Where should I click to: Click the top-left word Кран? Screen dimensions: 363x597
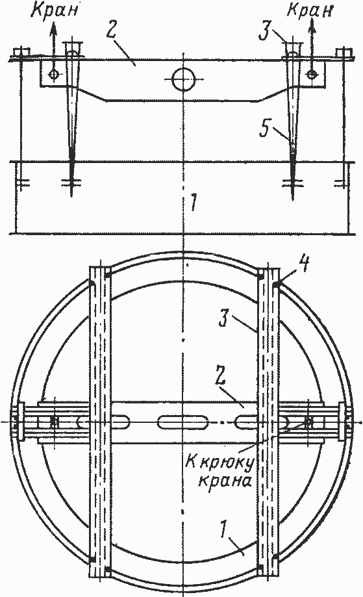(x=55, y=10)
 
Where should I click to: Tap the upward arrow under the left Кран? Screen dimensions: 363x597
(x=53, y=47)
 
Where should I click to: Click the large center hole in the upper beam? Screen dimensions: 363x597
(x=183, y=79)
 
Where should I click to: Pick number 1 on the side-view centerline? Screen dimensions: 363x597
(x=194, y=202)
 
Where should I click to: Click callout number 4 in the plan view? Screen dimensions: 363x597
(x=307, y=264)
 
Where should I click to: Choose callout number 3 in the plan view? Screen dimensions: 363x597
(x=225, y=319)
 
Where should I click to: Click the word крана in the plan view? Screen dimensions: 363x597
(x=225, y=481)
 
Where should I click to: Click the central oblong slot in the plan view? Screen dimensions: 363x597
(x=183, y=422)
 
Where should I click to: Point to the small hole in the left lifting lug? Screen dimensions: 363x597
(x=54, y=75)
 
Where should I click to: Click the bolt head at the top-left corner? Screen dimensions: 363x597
(x=21, y=52)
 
